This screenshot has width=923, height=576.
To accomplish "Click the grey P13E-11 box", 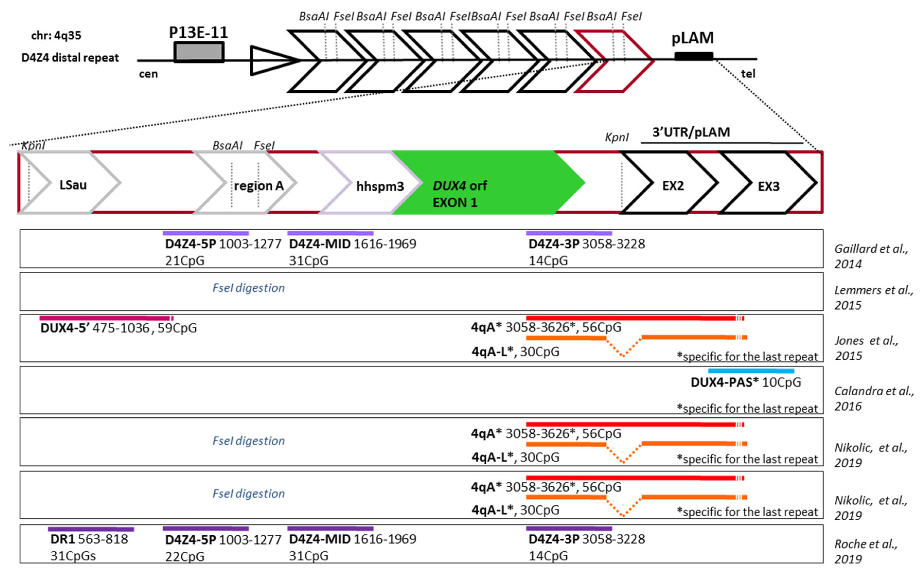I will (x=199, y=52).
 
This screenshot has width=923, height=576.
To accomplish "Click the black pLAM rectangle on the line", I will (x=694, y=56).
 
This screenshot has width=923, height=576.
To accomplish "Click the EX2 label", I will (x=673, y=186).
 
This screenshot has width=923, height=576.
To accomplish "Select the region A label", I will (x=259, y=186).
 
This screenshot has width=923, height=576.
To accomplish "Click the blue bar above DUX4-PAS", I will (x=751, y=371).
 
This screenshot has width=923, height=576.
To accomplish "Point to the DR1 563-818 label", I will (x=89, y=539).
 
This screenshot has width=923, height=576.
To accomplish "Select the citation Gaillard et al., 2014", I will (x=871, y=256).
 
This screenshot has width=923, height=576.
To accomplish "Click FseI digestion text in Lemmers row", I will (x=248, y=288).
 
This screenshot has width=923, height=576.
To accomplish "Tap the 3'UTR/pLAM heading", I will (x=691, y=132).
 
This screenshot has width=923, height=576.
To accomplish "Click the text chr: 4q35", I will (x=56, y=36).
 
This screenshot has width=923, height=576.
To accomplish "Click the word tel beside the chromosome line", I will (x=747, y=74).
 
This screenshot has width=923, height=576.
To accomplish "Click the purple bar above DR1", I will (x=91, y=529).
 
